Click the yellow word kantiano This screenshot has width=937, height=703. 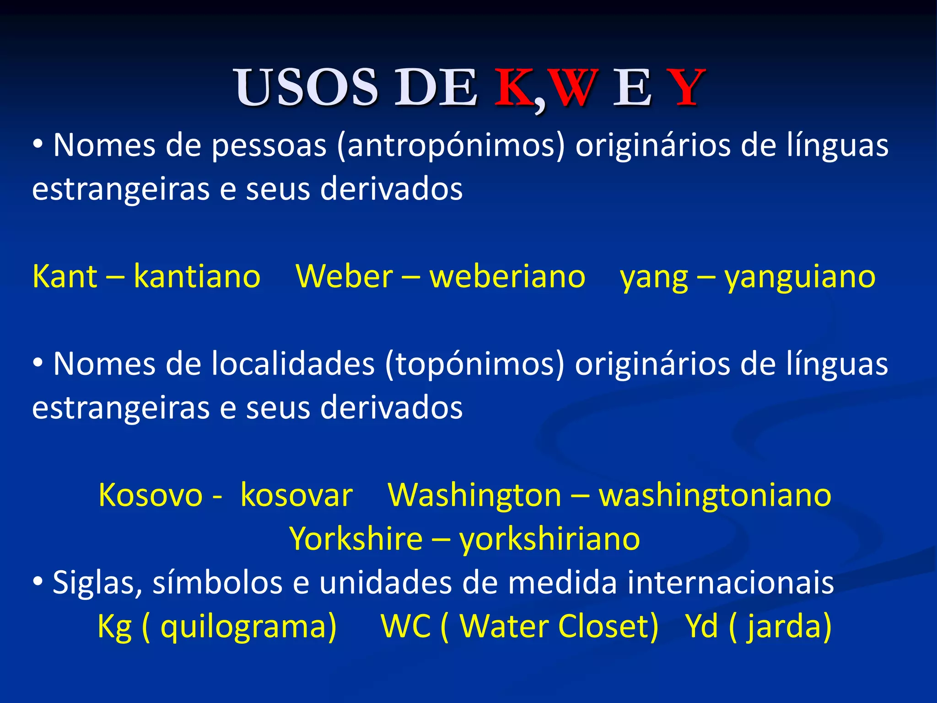197,277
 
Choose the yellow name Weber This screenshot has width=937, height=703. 344,277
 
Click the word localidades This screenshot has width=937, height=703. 293,364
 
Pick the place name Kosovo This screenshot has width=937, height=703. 150,495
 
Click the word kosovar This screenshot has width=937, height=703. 296,495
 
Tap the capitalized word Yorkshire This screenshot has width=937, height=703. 356,539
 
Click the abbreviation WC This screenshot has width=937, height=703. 405,626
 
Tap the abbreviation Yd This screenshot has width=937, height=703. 702,626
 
